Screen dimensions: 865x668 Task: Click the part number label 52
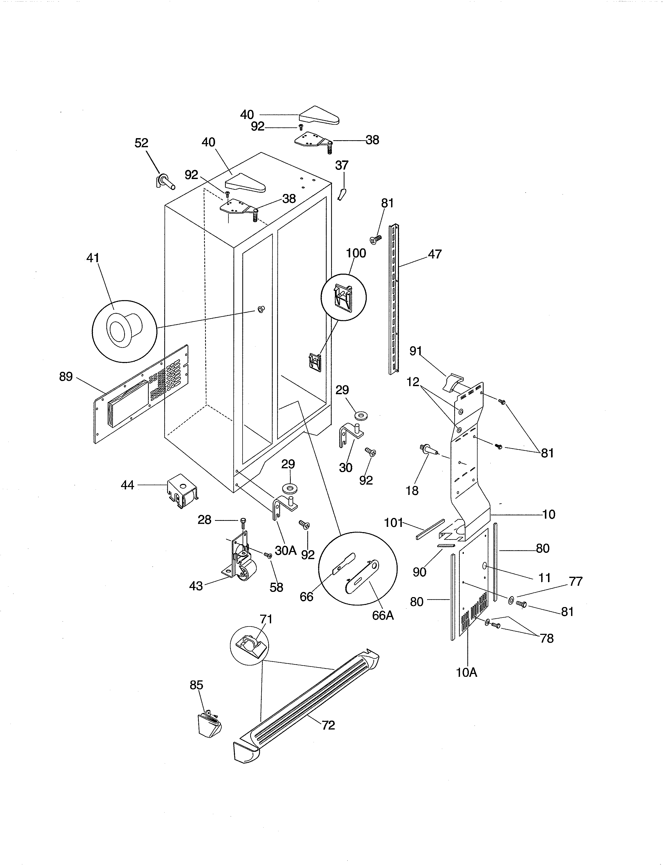click(141, 143)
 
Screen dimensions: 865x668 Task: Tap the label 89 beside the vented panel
click(66, 377)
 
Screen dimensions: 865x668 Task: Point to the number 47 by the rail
click(435, 254)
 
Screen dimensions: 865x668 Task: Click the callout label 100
click(356, 253)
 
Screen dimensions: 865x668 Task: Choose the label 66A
click(383, 615)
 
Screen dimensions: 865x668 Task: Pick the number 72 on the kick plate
click(328, 725)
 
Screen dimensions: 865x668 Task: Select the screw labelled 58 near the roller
click(268, 556)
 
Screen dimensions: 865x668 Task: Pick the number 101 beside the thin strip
click(393, 523)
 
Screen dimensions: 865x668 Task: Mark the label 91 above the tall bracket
click(415, 351)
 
